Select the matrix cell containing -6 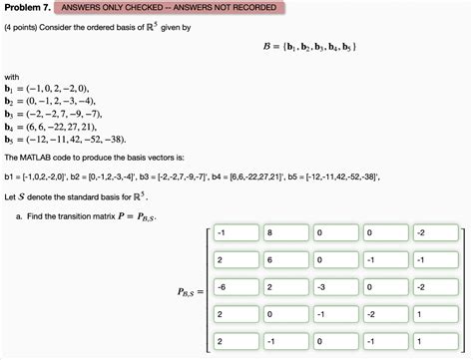coord(236,287)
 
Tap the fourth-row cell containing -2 coord(383,313)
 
